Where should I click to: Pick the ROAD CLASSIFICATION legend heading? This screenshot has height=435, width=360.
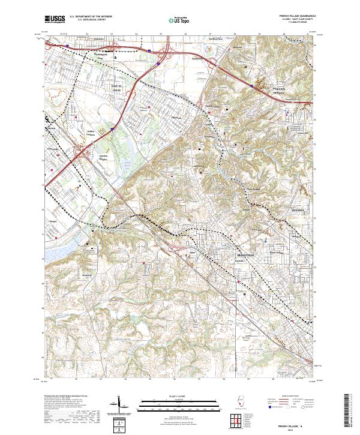(282, 397)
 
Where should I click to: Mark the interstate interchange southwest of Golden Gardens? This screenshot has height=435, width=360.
(82, 151)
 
